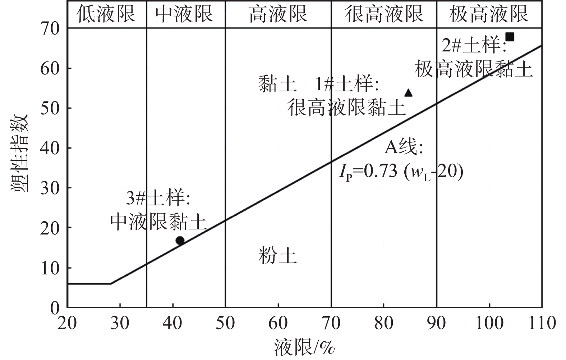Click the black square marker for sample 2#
(509, 37)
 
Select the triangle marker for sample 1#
(408, 93)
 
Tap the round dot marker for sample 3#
(180, 241)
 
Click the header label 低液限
(106, 14)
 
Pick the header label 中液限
(184, 14)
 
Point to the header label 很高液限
(383, 14)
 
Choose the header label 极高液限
(489, 14)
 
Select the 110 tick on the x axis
(541, 323)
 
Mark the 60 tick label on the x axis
(278, 323)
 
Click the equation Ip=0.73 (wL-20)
(400, 172)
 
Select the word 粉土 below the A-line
(277, 256)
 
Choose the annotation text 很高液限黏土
(346, 107)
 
